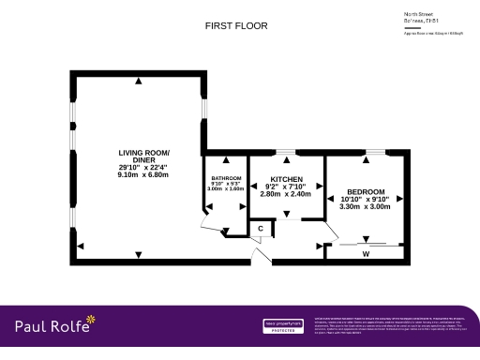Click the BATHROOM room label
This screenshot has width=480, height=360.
[226, 178]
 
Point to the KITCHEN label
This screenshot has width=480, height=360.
[285, 178]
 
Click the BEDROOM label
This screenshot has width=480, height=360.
[365, 190]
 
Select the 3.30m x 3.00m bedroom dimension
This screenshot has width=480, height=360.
[365, 207]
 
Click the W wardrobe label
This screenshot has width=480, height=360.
[365, 253]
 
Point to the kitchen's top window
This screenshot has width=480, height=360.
[285, 151]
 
